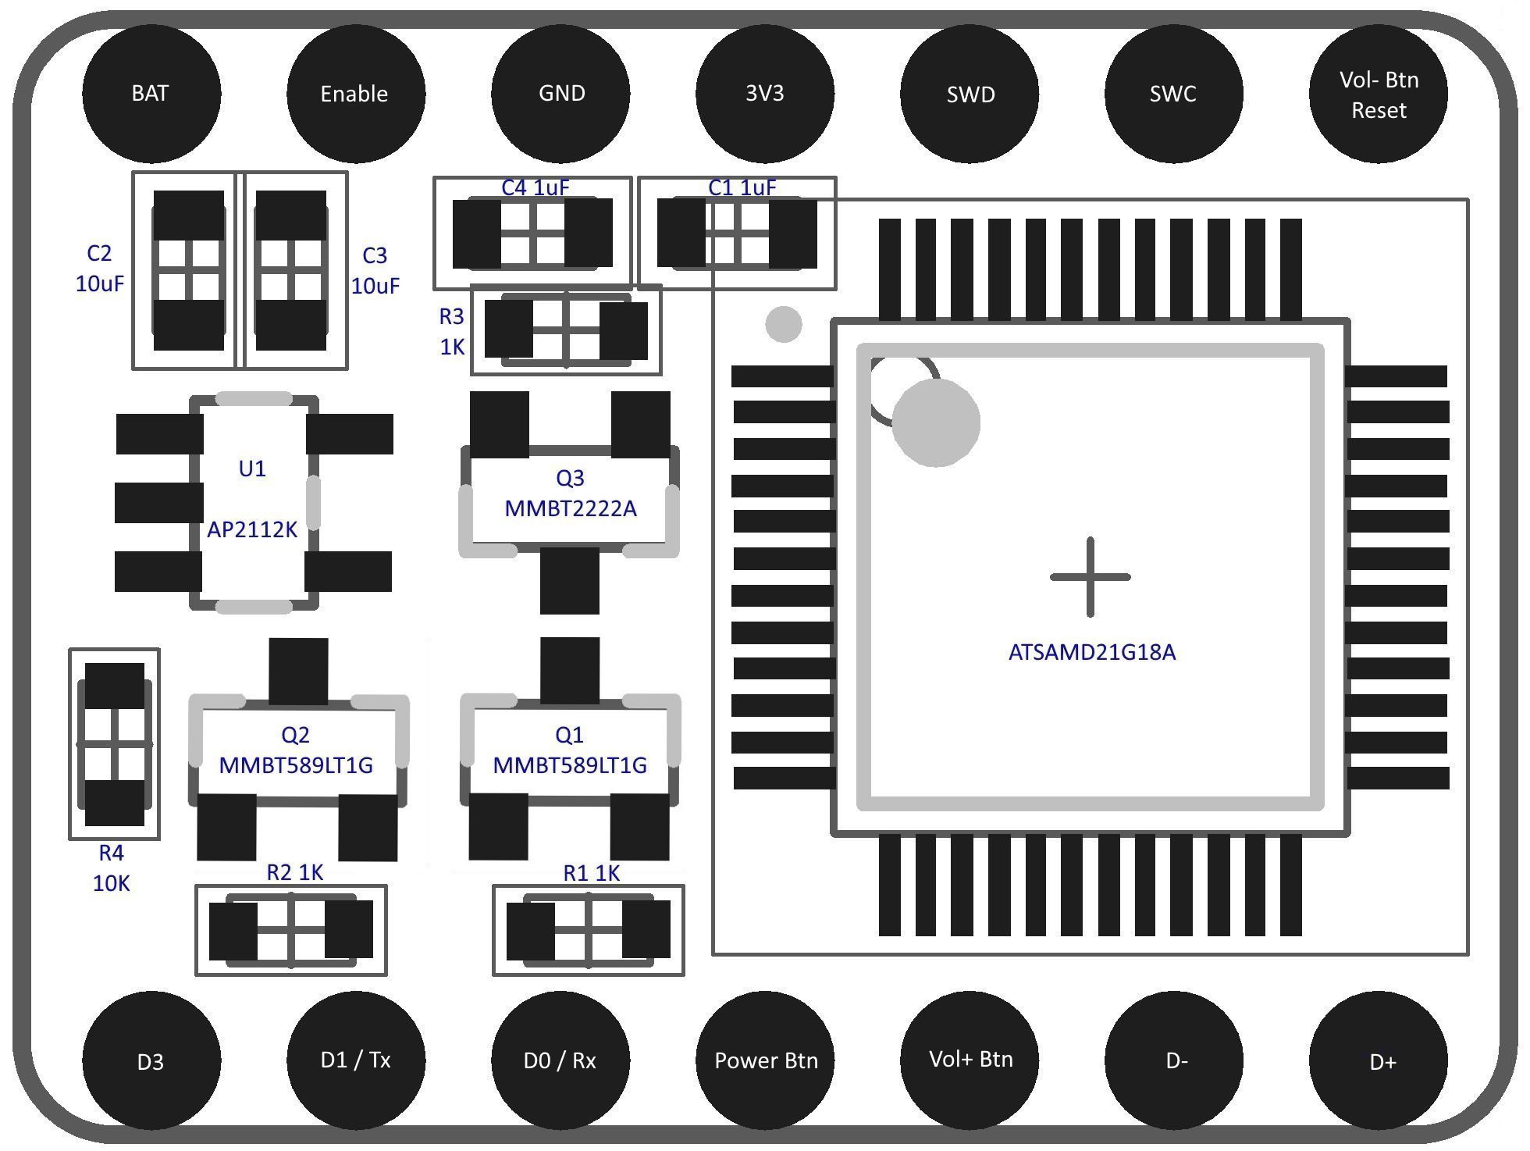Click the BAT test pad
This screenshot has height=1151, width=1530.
[x=151, y=93]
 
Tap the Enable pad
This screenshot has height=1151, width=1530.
[x=356, y=94]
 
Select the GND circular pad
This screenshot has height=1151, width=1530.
[x=560, y=93]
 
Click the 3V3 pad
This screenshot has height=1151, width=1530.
[x=765, y=93]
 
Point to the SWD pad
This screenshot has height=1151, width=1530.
[x=970, y=94]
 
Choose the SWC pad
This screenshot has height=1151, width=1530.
[x=1174, y=94]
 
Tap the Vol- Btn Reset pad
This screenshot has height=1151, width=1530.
[x=1379, y=94]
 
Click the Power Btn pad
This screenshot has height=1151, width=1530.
[x=765, y=1060]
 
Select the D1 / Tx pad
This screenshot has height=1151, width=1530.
[x=356, y=1060]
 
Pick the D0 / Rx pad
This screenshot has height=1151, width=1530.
[x=560, y=1060]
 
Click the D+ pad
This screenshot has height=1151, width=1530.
[x=1379, y=1060]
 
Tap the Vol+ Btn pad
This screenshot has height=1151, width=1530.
[x=970, y=1060]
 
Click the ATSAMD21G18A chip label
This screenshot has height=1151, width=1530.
[x=1092, y=652]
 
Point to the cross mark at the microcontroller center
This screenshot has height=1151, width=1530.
[x=1091, y=577]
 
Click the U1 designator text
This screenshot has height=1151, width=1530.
[x=252, y=469]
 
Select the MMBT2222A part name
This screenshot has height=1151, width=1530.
[x=571, y=508]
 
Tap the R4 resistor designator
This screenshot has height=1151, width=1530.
[x=111, y=853]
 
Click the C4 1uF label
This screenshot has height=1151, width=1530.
[x=535, y=187]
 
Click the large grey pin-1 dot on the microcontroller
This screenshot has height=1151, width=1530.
[x=936, y=422]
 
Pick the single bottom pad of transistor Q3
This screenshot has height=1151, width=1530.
[x=570, y=580]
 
